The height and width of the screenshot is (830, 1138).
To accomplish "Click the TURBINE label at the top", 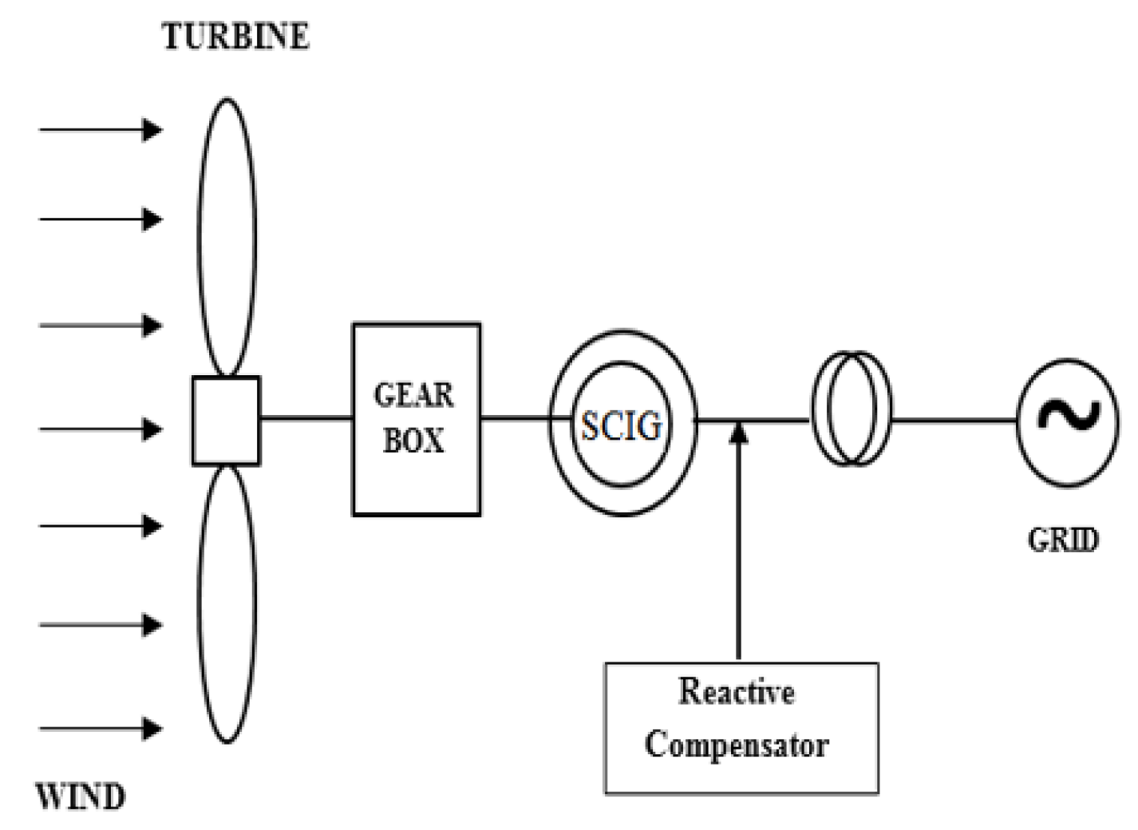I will click(x=235, y=38).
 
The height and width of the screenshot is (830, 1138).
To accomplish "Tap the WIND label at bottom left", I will click(x=81, y=797).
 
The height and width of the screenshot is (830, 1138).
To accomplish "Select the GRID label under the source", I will click(x=1063, y=540).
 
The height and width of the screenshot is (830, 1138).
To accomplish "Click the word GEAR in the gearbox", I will click(x=413, y=395).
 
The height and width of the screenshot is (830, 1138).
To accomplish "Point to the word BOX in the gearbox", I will click(x=413, y=441).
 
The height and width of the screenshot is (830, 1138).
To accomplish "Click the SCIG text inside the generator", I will click(x=621, y=426).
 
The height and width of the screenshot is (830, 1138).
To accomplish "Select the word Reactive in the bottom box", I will click(x=736, y=692).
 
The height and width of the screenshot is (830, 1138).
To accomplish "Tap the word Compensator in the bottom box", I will click(x=736, y=745).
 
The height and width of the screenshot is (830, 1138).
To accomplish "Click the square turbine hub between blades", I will click(x=226, y=421).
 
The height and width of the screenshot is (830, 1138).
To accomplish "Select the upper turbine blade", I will click(x=227, y=235).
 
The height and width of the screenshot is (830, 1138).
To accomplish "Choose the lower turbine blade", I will click(x=227, y=605).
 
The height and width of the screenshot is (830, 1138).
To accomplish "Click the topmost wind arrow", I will click(x=100, y=129).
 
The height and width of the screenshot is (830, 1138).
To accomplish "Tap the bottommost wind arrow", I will click(x=100, y=729).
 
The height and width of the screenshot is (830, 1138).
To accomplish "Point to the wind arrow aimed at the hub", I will click(x=100, y=429).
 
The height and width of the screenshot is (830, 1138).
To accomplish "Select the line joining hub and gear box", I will click(x=306, y=417).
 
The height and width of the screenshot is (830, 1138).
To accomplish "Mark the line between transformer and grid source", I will click(x=954, y=420).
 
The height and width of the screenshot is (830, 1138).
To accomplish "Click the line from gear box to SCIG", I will click(x=515, y=417).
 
